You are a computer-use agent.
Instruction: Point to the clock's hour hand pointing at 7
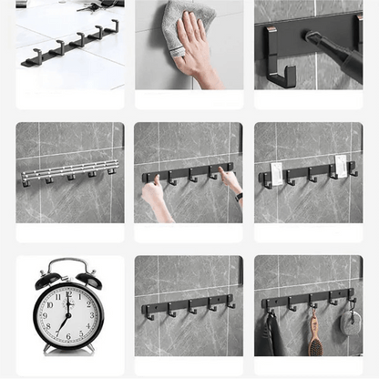[x=65, y=323]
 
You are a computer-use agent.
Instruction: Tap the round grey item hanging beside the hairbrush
[x=351, y=322]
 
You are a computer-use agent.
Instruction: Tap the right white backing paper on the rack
[x=340, y=166]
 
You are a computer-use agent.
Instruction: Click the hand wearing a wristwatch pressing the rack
[x=231, y=181]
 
